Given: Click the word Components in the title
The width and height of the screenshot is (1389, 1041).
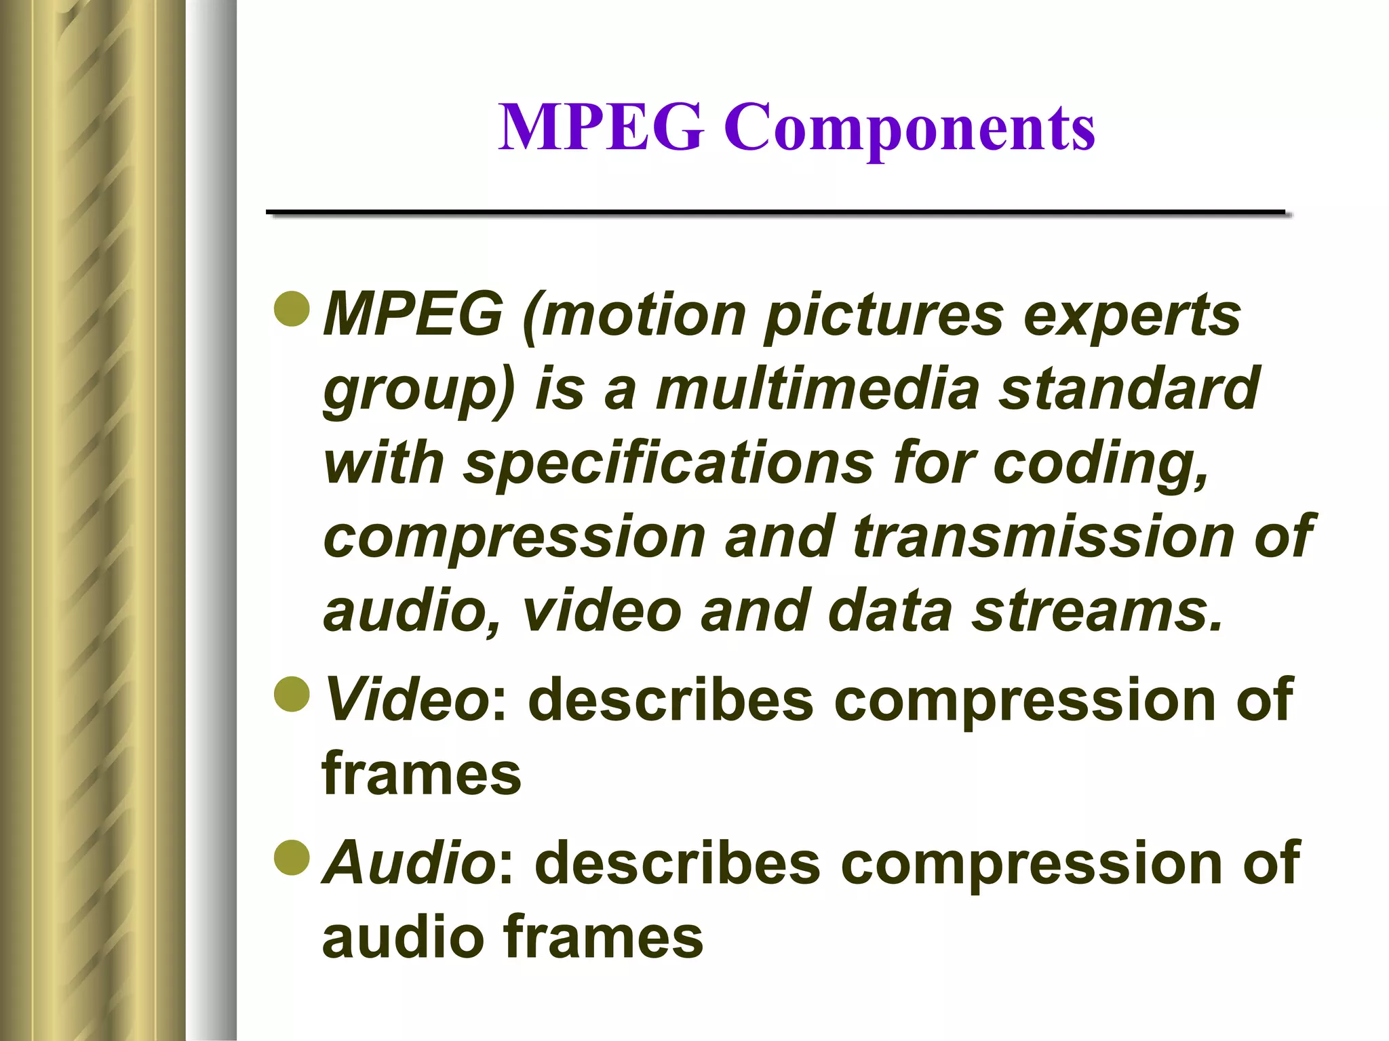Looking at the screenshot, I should [909, 129].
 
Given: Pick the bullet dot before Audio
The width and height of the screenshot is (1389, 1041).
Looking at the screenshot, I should [292, 857].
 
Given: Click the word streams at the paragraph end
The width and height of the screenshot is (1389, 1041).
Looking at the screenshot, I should [1095, 611].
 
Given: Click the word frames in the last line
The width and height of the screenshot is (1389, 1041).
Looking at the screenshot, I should [604, 937].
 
